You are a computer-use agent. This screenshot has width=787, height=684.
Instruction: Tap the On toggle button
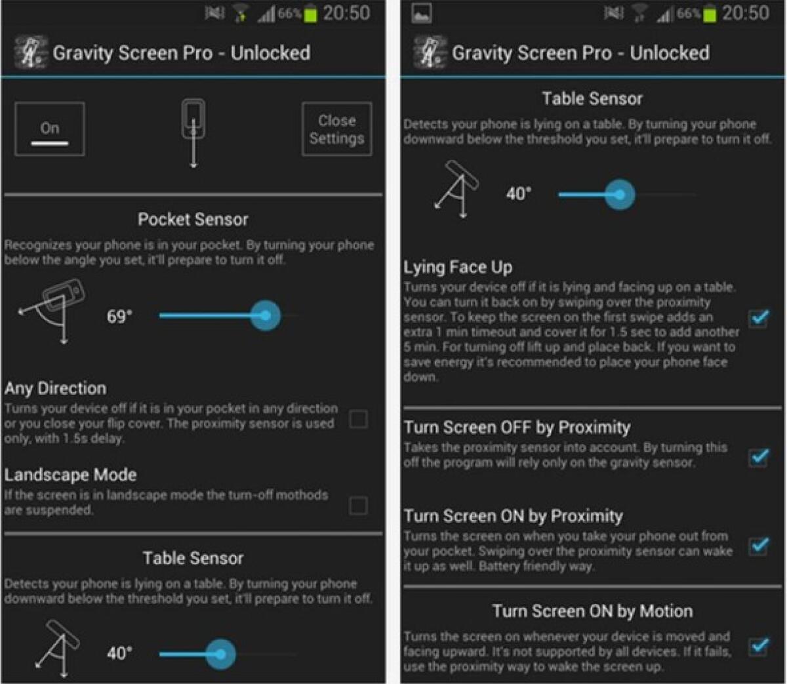50,129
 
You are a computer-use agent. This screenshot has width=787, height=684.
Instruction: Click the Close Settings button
336,129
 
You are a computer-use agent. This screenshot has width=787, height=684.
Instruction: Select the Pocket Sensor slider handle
265,316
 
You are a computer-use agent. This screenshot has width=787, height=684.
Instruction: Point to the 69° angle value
119,317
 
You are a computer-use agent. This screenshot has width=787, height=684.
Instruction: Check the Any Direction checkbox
358,419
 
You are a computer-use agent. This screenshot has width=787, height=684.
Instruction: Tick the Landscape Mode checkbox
358,506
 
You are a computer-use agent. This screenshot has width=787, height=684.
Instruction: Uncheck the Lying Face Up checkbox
759,319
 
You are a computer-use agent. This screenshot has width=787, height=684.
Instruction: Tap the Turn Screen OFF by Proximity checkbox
759,456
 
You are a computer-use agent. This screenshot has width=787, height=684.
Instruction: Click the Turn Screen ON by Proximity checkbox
759,545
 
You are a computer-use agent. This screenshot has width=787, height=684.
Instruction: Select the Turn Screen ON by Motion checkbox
759,646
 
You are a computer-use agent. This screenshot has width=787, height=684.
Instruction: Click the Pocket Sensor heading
193,220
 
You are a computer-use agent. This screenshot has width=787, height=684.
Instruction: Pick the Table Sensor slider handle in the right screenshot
619,194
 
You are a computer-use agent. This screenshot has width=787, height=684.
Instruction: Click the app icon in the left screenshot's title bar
31,53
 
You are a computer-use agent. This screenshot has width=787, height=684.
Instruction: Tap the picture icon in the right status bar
421,14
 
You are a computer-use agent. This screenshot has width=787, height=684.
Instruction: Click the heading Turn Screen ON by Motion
592,611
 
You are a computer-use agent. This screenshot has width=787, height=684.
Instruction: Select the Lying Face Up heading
458,268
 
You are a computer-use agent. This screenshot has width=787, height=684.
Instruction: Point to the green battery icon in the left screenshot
310,14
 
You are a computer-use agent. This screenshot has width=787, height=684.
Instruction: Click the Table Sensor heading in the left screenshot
193,559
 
